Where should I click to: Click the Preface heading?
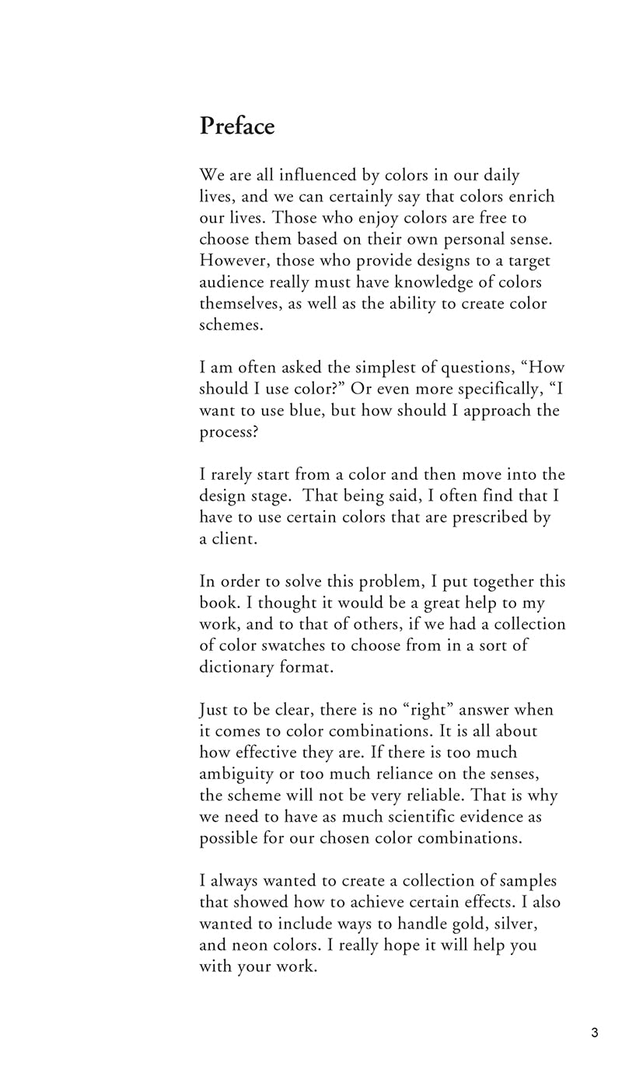[237, 126]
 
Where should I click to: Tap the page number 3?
[595, 1033]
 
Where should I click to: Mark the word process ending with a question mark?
[230, 432]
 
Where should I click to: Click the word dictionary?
[236, 667]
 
